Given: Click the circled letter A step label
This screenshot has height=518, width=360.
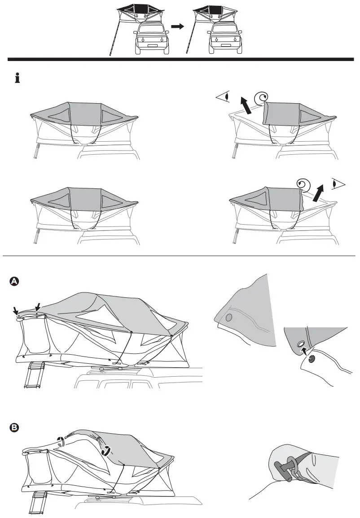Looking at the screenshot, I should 14,281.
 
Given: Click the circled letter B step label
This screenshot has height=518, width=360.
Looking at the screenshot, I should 14,428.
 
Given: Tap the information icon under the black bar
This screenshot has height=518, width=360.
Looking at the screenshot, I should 18,79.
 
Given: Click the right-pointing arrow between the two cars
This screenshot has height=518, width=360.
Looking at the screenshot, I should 178,26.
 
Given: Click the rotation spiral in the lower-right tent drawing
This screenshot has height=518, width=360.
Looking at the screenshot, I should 304,184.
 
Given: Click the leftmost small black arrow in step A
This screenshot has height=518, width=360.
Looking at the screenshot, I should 16,311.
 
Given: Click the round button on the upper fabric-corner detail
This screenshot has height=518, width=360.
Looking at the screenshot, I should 230,318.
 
